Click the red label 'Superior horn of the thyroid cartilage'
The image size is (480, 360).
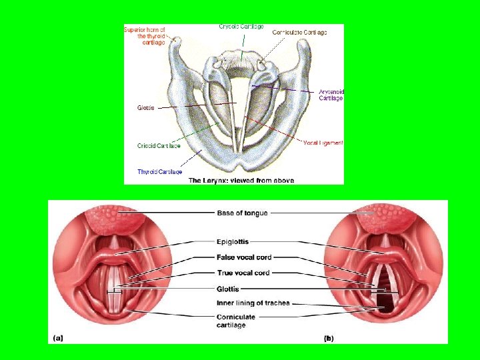(145, 35)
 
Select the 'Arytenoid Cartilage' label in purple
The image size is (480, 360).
(331, 95)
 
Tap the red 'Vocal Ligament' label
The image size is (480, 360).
(323, 143)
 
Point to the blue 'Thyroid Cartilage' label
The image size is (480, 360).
(159, 172)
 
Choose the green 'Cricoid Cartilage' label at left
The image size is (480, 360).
(159, 145)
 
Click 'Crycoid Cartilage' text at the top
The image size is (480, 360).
(241, 27)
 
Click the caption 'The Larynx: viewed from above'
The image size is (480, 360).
(241, 181)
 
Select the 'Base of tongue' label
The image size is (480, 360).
(242, 213)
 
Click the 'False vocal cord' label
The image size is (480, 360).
(244, 257)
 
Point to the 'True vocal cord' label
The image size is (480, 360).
(243, 273)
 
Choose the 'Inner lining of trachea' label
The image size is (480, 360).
(253, 303)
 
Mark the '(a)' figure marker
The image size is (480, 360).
(58, 338)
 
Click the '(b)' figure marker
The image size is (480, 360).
(329, 338)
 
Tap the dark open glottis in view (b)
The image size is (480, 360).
(385, 303)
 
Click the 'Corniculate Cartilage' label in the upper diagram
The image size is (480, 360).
(299, 33)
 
